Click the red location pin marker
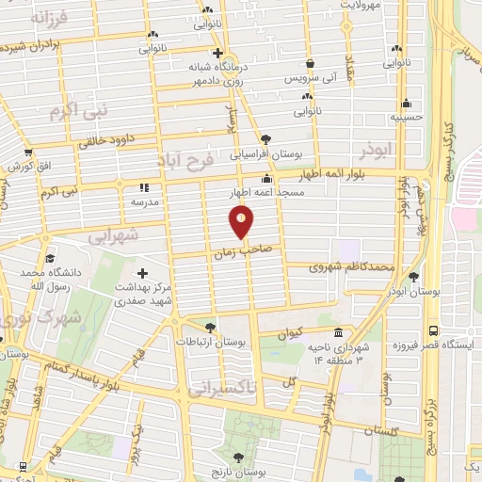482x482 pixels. pyautogui.click(x=242, y=222)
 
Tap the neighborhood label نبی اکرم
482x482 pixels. pyautogui.click(x=79, y=111)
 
